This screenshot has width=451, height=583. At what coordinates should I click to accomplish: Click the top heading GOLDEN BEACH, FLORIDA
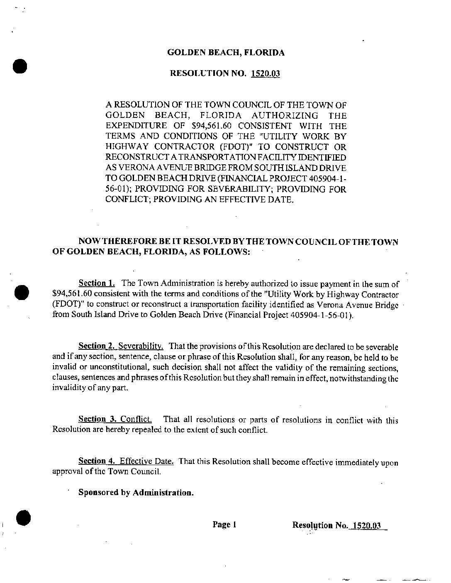226,53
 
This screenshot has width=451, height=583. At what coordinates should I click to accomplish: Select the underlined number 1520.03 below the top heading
265,74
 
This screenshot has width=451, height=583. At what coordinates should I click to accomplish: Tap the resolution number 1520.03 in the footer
366,525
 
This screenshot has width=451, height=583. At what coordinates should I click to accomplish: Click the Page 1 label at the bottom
224,524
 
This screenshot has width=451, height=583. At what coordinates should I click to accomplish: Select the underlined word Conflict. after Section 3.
133,420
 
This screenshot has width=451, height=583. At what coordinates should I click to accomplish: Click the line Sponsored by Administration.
136,493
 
